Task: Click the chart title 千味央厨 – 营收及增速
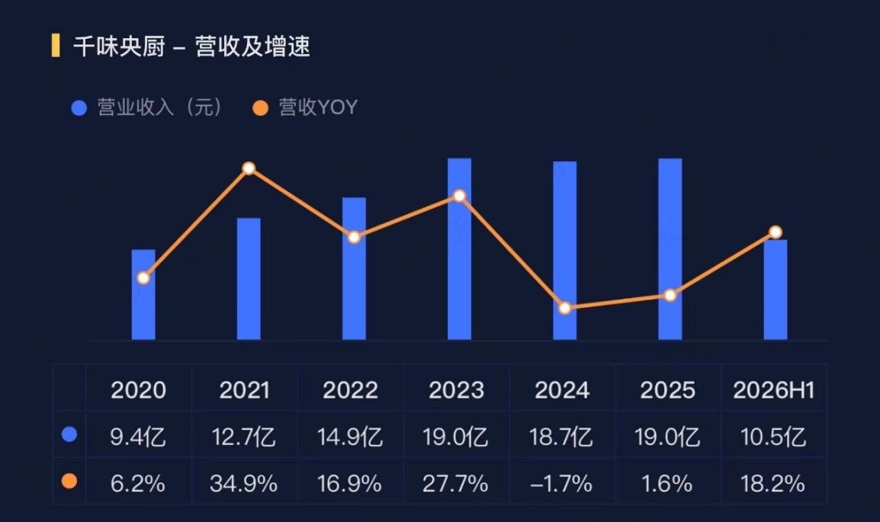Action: pyautogui.click(x=191, y=46)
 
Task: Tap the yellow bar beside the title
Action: pyautogui.click(x=56, y=46)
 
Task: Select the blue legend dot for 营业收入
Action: pyautogui.click(x=79, y=107)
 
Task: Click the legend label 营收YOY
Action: pyautogui.click(x=318, y=107)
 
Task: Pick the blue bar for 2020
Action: pyautogui.click(x=143, y=294)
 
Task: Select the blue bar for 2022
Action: pyautogui.click(x=354, y=268)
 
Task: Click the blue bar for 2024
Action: pyautogui.click(x=564, y=251)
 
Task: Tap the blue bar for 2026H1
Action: pyautogui.click(x=776, y=290)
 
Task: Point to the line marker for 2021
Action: pyautogui.click(x=249, y=168)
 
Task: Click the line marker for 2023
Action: pyautogui.click(x=460, y=196)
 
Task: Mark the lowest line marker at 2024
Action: pyautogui.click(x=565, y=308)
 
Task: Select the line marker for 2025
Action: pyautogui.click(x=670, y=296)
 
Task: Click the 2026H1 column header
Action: pyautogui.click(x=774, y=390)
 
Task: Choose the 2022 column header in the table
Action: pyautogui.click(x=350, y=390)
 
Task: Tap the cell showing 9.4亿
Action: pyautogui.click(x=138, y=437)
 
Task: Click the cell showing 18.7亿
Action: pyautogui.click(x=561, y=437)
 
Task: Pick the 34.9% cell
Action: pyautogui.click(x=243, y=483)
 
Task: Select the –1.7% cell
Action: pyautogui.click(x=561, y=483)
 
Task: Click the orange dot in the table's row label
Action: pyautogui.click(x=69, y=481)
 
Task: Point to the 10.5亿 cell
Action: pyautogui.click(x=773, y=437)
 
